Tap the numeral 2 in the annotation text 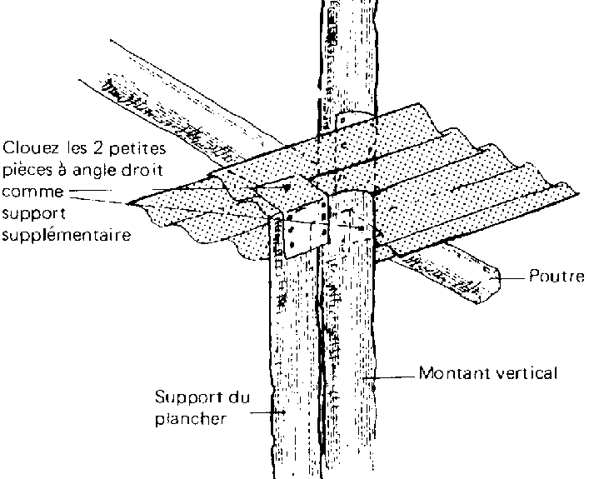pyautogui.click(x=85, y=149)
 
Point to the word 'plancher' pyautogui.click(x=191, y=419)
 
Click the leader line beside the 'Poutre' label pyautogui.click(x=512, y=277)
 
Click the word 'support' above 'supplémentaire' pyautogui.click(x=30, y=214)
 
